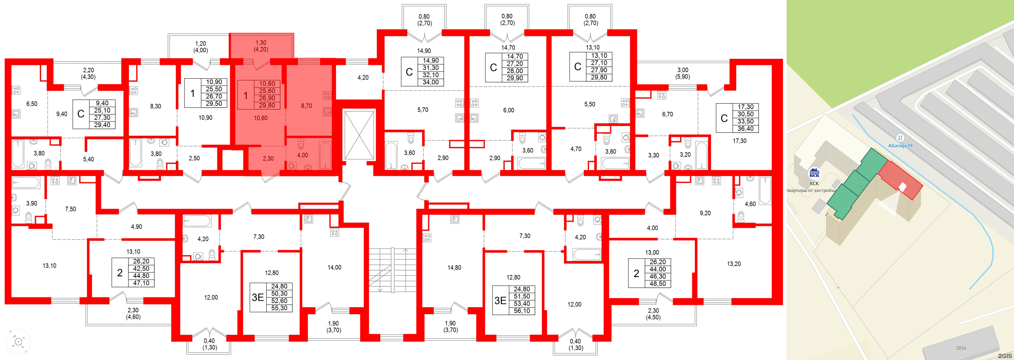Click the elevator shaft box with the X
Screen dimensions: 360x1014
(x=359, y=135)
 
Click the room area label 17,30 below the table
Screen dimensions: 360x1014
(x=739, y=140)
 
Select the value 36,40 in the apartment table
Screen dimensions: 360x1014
(x=745, y=129)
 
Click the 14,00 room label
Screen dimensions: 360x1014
(x=334, y=268)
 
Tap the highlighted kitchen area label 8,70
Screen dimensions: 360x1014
(x=306, y=106)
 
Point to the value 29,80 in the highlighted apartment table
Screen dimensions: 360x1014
(x=267, y=105)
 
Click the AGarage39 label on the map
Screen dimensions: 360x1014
(x=900, y=145)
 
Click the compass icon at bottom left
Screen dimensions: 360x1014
(x=18, y=341)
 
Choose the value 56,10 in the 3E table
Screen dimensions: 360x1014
(x=522, y=311)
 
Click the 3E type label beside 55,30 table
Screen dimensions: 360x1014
(x=258, y=297)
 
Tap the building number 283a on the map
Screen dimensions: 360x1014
(x=960, y=348)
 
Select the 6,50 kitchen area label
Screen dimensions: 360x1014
(x=31, y=104)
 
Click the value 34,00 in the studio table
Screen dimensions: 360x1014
(x=430, y=82)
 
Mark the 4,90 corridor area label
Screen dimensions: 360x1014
(x=136, y=227)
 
